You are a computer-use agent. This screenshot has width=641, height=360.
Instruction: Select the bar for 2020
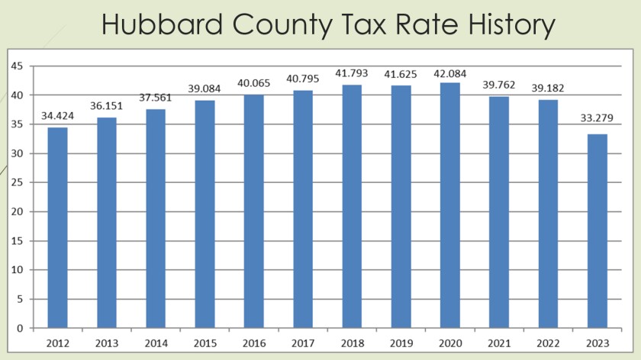[x=450, y=205]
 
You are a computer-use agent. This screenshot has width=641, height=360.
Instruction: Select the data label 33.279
[x=598, y=118]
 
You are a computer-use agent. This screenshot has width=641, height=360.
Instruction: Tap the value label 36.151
[x=107, y=108]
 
